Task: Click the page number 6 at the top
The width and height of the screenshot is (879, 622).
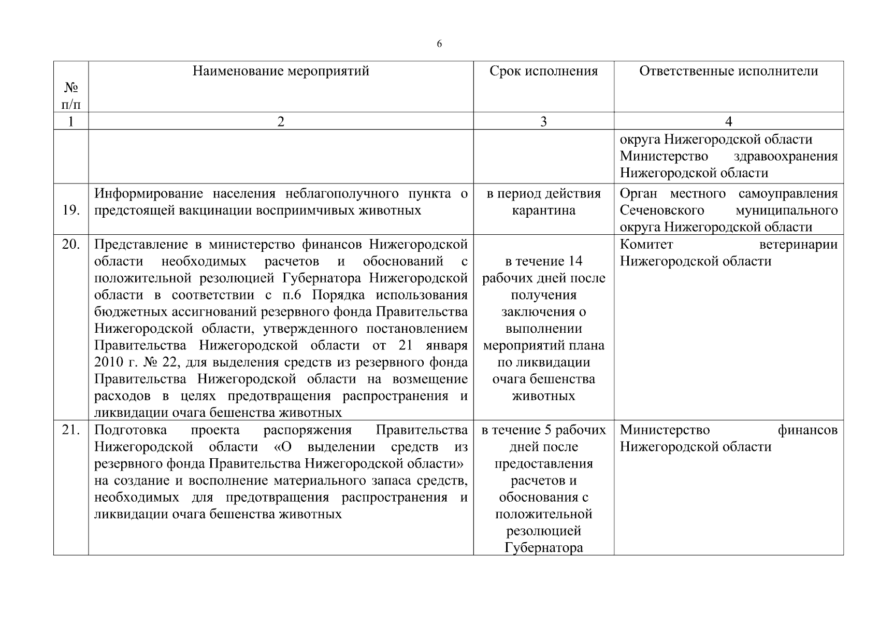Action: click(439, 44)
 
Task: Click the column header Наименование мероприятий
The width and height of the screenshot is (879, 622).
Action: click(281, 71)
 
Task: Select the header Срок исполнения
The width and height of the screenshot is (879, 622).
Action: click(543, 71)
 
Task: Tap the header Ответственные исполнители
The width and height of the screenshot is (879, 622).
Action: click(728, 71)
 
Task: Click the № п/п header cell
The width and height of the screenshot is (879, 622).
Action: click(71, 96)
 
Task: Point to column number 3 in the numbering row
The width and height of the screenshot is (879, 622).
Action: click(543, 122)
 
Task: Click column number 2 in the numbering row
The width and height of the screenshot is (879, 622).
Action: click(281, 122)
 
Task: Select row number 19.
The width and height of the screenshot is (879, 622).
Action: click(71, 210)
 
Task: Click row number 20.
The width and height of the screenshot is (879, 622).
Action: click(71, 245)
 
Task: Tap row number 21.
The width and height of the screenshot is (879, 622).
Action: click(71, 430)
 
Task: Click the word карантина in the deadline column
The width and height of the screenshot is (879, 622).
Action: click(543, 210)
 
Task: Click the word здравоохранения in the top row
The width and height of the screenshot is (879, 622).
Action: click(786, 156)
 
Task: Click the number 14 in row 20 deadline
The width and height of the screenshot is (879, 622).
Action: click(575, 261)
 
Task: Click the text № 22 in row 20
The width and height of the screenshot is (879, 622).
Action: click(157, 362)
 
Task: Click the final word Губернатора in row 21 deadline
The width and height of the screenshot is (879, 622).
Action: click(543, 548)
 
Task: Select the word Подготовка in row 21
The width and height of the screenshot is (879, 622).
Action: click(131, 430)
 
